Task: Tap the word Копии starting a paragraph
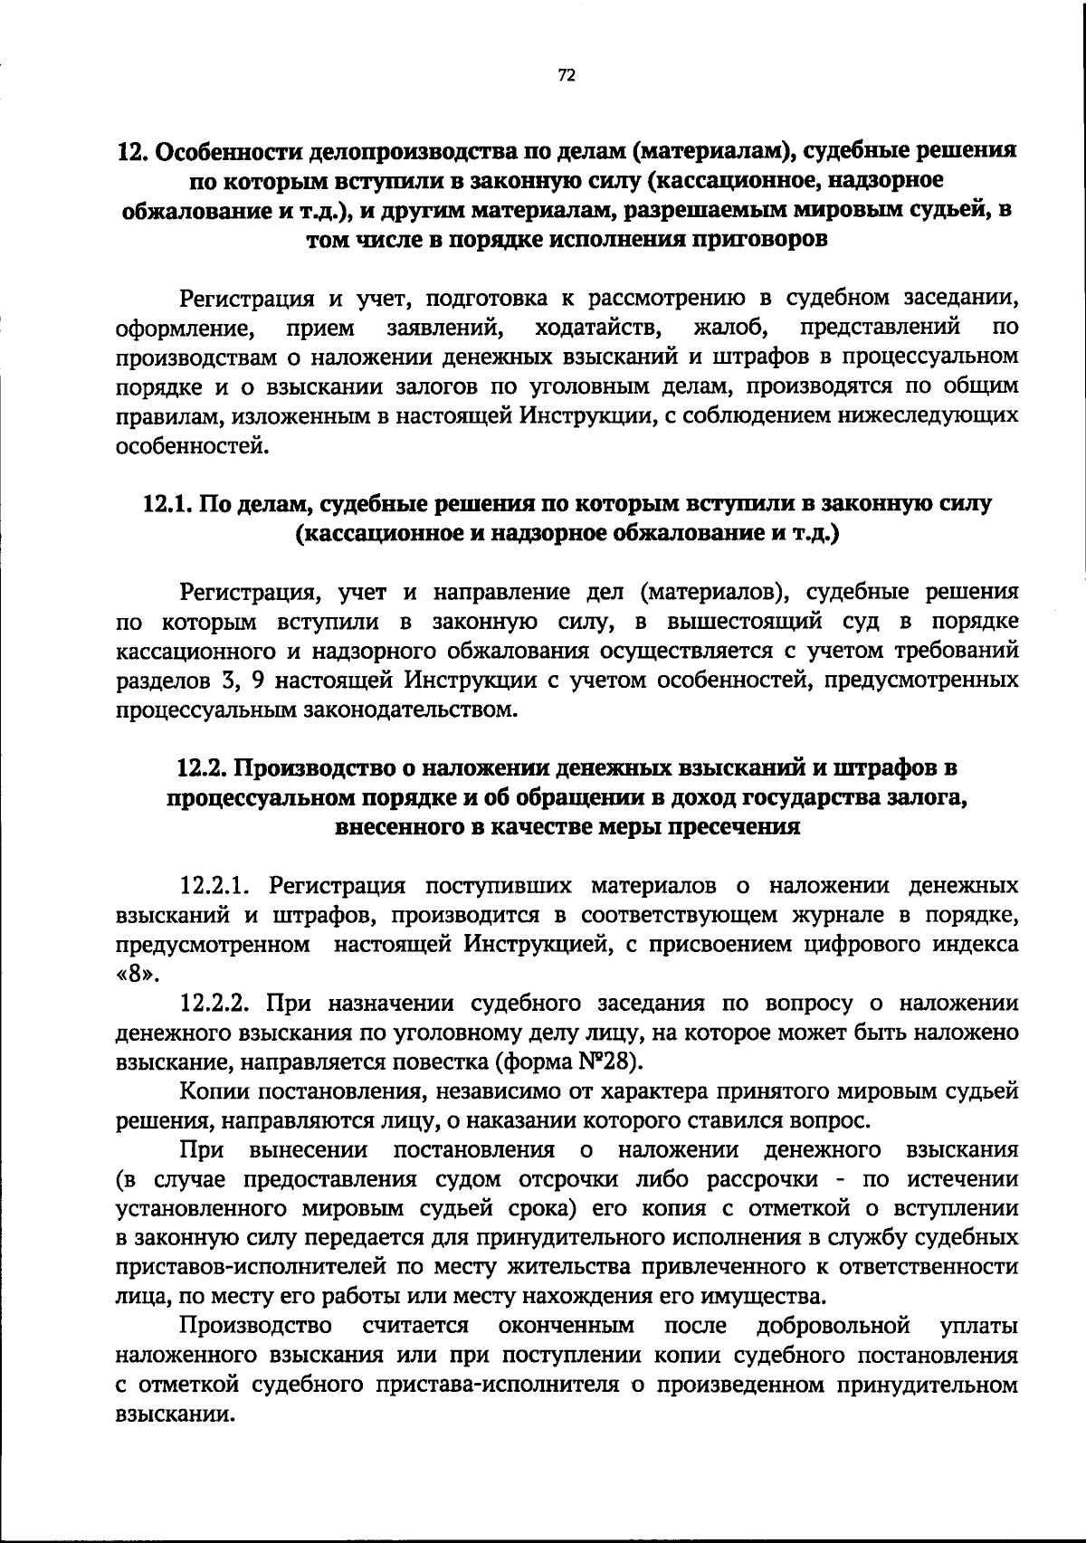pos(216,1091)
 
